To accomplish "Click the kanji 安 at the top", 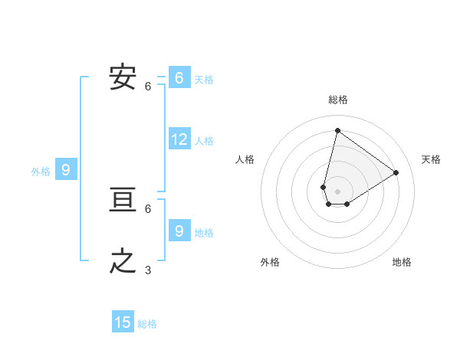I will (123, 77).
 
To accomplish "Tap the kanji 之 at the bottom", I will (123, 261).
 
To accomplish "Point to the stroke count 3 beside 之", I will (148, 270).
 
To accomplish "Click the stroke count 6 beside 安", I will (148, 86).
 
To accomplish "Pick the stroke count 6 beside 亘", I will (148, 208).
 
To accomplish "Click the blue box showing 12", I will (179, 139).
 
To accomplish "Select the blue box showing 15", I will (123, 322).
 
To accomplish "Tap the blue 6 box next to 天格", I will (179, 78).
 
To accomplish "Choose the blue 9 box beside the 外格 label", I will (66, 170).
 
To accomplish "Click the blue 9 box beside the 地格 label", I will (179, 230).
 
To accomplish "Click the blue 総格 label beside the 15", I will (147, 324).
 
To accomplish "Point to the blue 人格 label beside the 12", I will (204, 141).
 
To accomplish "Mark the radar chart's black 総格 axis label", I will (338, 100).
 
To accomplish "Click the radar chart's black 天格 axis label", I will (431, 159).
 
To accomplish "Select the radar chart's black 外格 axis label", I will (270, 262).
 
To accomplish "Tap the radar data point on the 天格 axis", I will (396, 172).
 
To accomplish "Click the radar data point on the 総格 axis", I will (337, 130).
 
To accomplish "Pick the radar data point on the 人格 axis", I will (324, 187).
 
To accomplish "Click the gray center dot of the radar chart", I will (337, 191).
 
